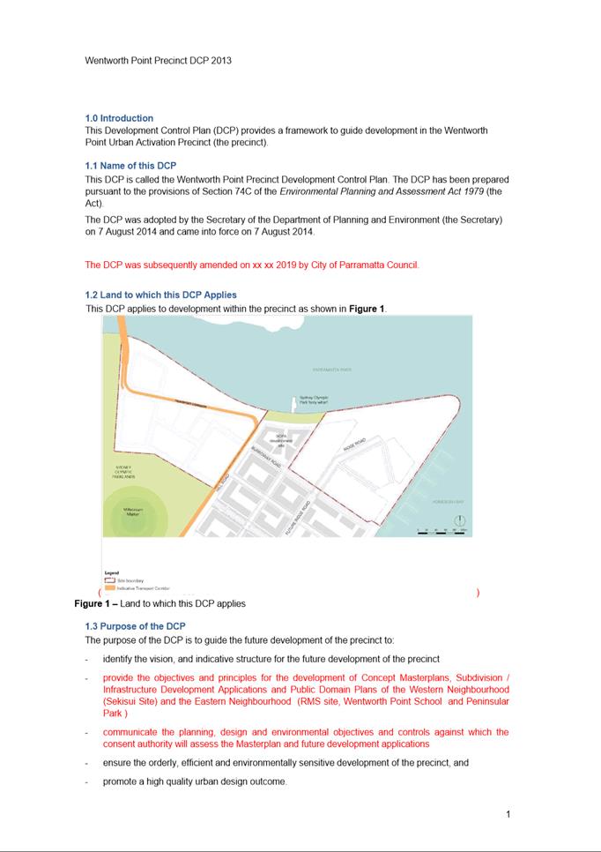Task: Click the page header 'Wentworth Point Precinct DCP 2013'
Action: point(158,61)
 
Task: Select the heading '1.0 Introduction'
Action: point(119,118)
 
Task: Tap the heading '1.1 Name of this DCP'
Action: point(130,166)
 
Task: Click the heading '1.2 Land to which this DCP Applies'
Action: point(160,295)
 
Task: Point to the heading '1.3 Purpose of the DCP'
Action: point(135,626)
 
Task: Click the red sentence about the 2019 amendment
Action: point(252,265)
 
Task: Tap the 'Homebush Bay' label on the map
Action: point(447,501)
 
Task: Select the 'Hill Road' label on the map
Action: point(224,484)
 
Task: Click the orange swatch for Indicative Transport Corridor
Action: point(109,587)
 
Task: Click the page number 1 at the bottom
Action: point(508,814)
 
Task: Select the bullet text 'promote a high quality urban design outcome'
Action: point(194,781)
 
